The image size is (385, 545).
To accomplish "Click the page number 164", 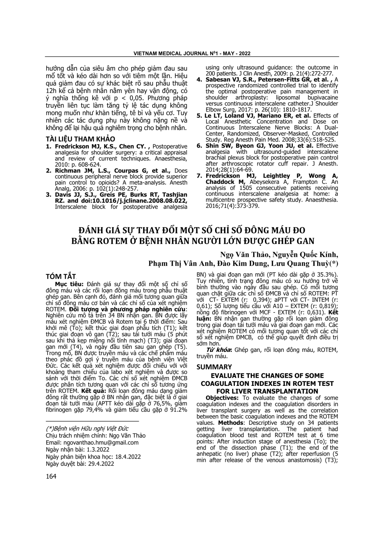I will tap(51, 476).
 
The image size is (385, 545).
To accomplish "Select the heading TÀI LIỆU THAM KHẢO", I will tap(80, 139).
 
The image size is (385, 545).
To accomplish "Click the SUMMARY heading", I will tap(214, 367).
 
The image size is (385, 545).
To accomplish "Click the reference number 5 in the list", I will tap(199, 115).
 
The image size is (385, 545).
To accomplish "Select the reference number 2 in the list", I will tap(48, 170).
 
